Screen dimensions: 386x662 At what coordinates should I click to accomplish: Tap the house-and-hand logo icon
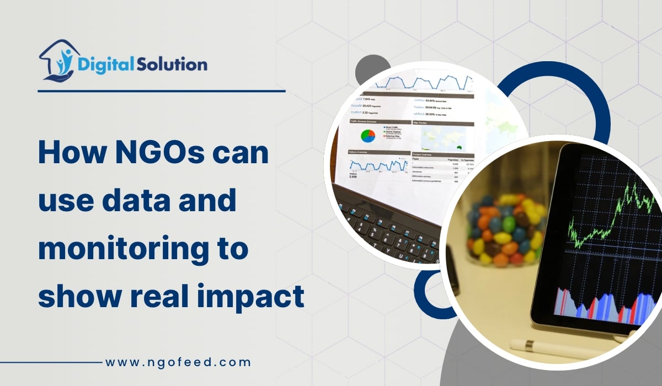[57, 61]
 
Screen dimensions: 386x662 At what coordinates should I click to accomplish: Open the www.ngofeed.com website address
[178, 362]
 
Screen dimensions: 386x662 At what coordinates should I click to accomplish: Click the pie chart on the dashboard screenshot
[367, 135]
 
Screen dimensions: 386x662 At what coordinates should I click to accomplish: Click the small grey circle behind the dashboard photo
[367, 71]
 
